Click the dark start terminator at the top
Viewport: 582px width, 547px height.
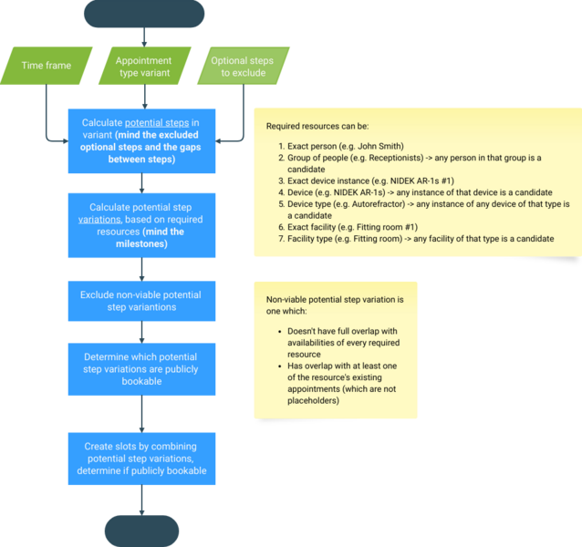point(143,14)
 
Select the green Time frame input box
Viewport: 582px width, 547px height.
point(45,66)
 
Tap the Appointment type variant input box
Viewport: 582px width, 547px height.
point(142,66)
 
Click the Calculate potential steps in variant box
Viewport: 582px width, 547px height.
point(141,140)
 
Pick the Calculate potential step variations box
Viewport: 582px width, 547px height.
point(141,225)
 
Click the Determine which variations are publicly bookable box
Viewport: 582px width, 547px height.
point(141,369)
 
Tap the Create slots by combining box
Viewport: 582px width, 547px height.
point(141,459)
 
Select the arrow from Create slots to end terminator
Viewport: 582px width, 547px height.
point(141,500)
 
